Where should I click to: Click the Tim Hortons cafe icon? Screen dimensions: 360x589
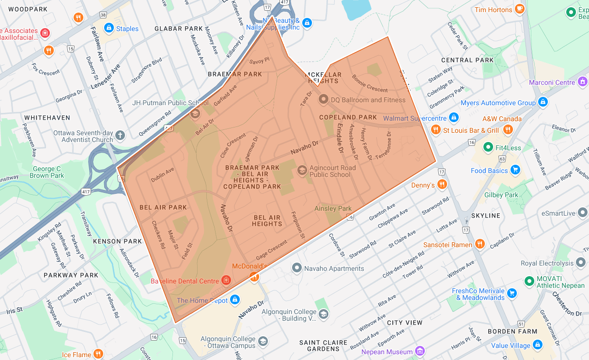(x=520, y=9)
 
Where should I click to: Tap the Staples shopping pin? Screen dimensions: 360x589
(x=108, y=28)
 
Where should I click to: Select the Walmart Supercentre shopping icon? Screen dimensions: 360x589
(x=453, y=117)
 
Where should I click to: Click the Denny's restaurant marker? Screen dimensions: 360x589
(x=442, y=185)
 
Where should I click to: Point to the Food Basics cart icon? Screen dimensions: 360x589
(x=515, y=170)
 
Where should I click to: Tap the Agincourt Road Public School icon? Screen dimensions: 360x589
(x=302, y=170)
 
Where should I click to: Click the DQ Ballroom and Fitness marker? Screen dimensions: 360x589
(x=323, y=99)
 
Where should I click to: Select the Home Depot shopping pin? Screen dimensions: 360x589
(x=235, y=300)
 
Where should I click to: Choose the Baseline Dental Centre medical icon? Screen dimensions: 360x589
(x=226, y=281)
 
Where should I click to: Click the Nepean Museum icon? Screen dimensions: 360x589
(x=420, y=351)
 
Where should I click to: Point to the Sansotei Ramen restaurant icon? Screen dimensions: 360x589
(x=480, y=244)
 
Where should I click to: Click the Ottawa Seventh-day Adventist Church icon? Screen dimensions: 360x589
(x=120, y=136)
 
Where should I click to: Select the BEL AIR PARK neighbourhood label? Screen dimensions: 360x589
(x=163, y=207)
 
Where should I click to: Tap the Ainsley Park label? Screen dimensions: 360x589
(x=333, y=209)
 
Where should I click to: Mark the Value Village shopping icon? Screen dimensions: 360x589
(x=537, y=345)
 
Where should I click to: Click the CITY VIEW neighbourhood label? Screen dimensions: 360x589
(x=404, y=323)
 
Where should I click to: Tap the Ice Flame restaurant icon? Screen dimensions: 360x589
(x=98, y=354)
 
